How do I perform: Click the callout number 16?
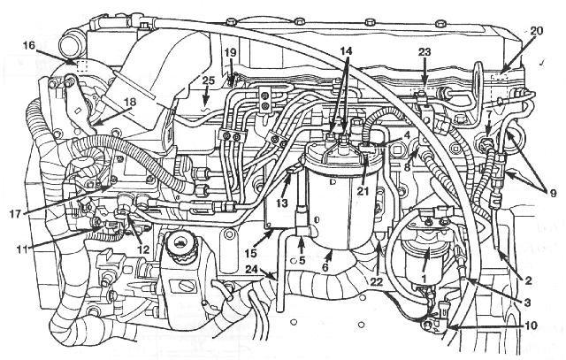pos(29,46)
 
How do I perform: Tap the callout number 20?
pos(536,31)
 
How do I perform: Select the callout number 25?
pos(208,80)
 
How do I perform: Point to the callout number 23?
pos(424,52)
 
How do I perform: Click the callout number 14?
pos(346,50)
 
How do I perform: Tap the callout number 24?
pos(253,269)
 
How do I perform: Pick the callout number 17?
pos(17,213)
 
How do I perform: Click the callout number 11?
pos(22,249)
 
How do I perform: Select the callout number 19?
pos(230,53)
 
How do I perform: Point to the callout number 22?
pos(376,281)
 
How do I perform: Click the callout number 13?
pos(281,203)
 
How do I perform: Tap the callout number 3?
pos(527,302)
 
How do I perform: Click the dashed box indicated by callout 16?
pos(82,66)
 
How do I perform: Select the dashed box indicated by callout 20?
pos(500,77)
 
